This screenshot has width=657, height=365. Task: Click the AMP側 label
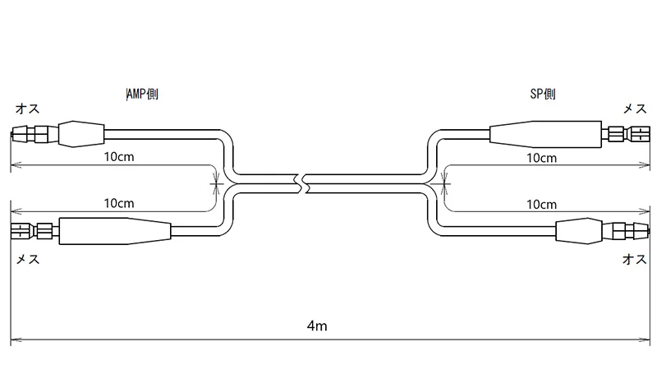point(142,95)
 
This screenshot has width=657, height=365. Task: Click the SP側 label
point(543,94)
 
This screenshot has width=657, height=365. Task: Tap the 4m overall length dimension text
point(317,326)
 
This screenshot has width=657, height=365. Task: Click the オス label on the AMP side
point(28,109)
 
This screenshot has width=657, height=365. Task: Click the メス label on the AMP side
point(28,259)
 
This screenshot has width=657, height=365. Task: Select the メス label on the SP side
point(635,109)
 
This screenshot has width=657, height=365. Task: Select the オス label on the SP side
point(635,259)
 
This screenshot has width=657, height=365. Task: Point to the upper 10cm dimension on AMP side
point(119,157)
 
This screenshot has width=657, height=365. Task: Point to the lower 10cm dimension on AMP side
point(119,204)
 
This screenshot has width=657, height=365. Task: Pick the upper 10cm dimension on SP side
point(542,158)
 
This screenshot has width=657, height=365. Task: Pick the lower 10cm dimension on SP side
point(542,205)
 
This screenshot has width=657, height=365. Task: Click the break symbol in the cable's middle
point(303,183)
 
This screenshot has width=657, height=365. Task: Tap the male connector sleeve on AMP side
point(81,134)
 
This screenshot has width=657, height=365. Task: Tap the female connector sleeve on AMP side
point(115,231)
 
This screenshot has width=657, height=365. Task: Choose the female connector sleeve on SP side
point(545,134)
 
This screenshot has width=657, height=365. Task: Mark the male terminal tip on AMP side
point(12,135)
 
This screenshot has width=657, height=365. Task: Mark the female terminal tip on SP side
point(649,135)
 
